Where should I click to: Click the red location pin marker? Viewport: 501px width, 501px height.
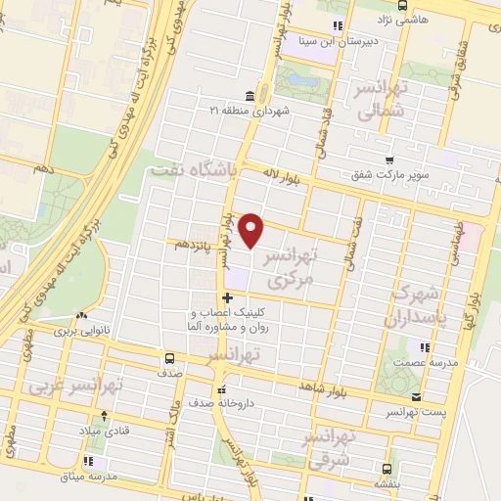[252, 230]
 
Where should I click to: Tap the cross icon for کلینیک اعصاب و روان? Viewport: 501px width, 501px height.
[227, 298]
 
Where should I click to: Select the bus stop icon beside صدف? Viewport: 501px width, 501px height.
[170, 358]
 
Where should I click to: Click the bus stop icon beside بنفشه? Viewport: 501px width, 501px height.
[387, 468]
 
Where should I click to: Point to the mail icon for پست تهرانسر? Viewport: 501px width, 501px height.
[418, 397]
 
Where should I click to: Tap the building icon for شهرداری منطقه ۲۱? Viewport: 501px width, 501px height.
[251, 96]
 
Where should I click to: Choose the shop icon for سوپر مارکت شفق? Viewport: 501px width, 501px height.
[389, 160]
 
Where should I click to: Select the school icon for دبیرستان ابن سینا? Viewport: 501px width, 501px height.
[338, 25]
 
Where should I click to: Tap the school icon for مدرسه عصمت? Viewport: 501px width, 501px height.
[424, 346]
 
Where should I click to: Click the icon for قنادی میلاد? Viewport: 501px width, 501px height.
[83, 429]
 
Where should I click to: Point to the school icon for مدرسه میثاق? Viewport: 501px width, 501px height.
[89, 461]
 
